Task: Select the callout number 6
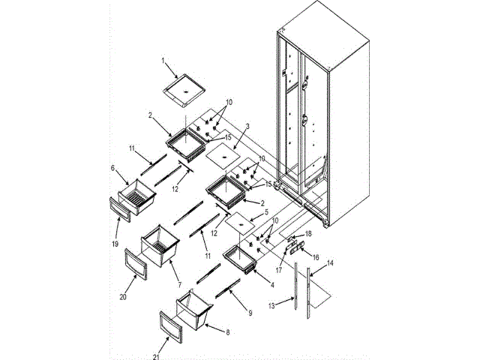(113, 169)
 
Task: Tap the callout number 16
(315, 257)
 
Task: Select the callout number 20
(124, 296)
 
